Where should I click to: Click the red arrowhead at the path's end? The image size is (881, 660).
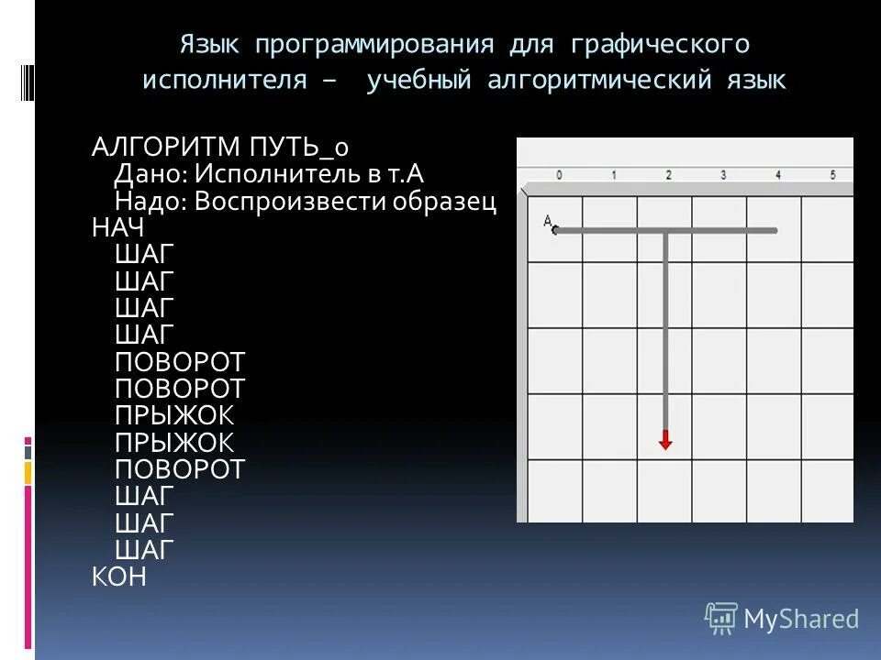pos(665,442)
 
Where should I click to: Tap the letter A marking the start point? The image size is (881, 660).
pos(547,221)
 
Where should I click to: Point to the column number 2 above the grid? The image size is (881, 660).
pos(668,175)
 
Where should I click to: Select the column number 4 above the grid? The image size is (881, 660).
pos(777,175)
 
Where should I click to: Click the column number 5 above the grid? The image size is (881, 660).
pos(832,175)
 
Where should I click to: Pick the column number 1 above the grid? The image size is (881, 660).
pos(613,175)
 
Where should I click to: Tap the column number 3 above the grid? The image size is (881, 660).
pos(723,175)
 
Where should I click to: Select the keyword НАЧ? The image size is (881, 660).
pos(118,228)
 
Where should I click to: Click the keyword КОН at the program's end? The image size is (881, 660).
pos(119,577)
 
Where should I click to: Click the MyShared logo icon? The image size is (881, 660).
pos(720,620)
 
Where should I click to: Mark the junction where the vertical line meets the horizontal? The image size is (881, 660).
pos(665,231)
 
